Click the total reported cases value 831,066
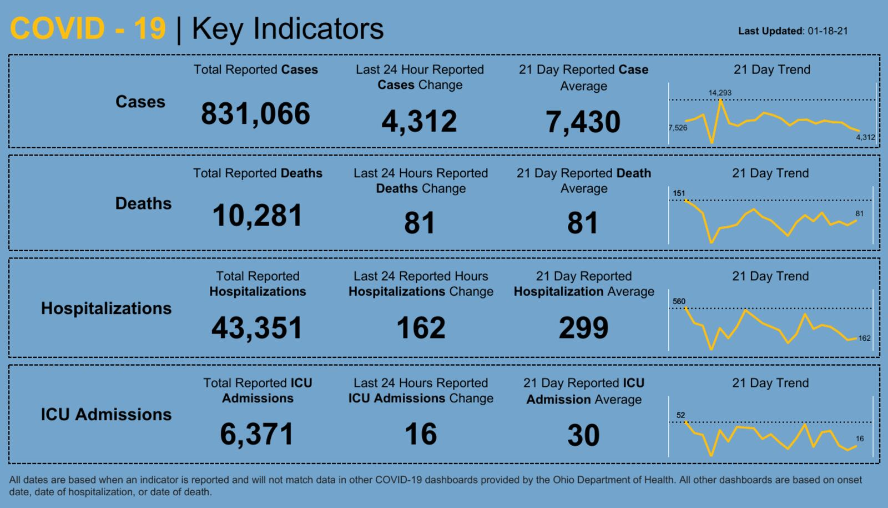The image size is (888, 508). point(255,114)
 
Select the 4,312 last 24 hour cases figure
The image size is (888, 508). point(419,121)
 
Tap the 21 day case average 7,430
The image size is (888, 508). point(583,122)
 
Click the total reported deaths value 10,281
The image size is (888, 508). point(257,216)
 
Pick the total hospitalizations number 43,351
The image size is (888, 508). point(257,327)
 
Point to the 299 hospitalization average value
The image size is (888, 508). point(583,327)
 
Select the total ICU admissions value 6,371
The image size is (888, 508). point(256,434)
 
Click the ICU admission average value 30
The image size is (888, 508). point(583,435)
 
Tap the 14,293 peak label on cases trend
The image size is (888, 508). point(720,93)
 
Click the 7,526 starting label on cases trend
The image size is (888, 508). point(678,128)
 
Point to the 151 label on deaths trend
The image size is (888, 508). point(679,193)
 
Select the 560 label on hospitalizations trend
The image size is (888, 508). point(679,301)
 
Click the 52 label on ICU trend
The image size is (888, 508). point(680,415)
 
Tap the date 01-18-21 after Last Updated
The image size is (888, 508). point(828,31)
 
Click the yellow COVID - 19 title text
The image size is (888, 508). point(88,28)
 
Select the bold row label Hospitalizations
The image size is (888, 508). point(106,308)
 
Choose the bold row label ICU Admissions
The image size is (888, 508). point(106,415)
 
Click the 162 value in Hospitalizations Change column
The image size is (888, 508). point(421,327)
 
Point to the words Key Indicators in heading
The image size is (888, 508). point(287,28)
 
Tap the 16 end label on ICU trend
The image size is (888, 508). point(860,439)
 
